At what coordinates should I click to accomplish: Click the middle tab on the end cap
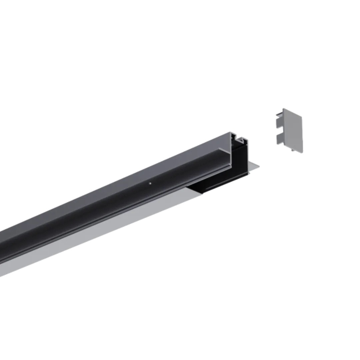click(x=279, y=123)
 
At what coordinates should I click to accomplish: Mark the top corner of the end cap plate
click(x=283, y=109)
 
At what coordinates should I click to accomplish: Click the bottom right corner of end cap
click(x=302, y=152)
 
